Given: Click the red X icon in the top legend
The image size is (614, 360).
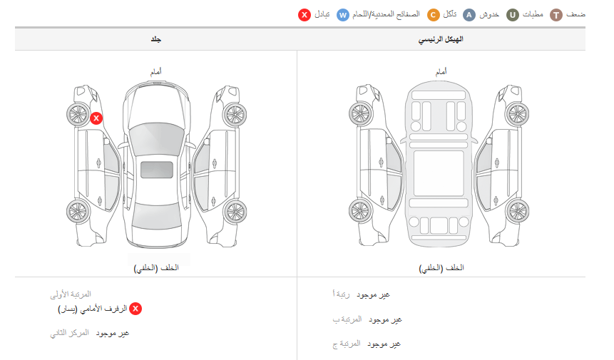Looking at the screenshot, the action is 305,15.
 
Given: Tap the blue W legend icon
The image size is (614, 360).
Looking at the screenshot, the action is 342,15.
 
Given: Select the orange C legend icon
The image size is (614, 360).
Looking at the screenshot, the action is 433,15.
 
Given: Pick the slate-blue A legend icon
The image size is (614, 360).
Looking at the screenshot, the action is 469,15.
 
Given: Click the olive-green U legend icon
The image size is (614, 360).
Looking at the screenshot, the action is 513,15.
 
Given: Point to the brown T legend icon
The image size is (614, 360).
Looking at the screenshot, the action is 556,15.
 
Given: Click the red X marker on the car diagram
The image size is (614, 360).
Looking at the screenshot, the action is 96,118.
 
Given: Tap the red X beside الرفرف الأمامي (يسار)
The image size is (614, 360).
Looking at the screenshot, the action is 135,309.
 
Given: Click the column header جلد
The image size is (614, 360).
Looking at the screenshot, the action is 156,39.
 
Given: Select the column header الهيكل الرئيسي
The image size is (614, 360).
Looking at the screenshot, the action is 441,39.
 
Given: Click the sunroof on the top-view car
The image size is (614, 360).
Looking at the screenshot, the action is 157,170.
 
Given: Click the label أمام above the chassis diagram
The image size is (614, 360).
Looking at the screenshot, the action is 441,71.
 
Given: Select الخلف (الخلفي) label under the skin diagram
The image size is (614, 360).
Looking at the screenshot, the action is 156,268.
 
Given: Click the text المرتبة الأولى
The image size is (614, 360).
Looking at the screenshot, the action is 71,294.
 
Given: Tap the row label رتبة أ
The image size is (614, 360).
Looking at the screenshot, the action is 341,294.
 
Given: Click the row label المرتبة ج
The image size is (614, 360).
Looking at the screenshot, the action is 346,344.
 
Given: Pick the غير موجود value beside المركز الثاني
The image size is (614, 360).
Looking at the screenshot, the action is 113,334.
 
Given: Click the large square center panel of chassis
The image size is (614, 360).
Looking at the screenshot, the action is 439,173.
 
